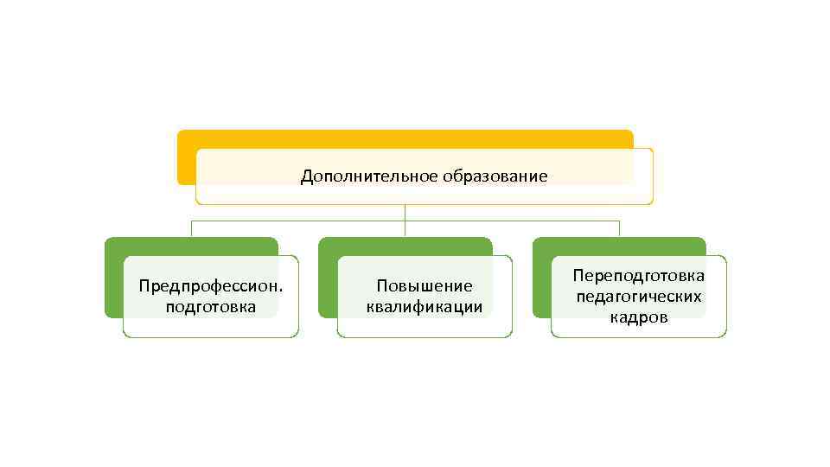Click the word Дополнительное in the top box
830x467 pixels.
click(x=370, y=177)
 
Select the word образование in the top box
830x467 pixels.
click(x=495, y=177)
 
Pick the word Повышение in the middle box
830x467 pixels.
click(x=424, y=286)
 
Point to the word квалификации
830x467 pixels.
click(x=424, y=307)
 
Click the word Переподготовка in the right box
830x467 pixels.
click(x=639, y=276)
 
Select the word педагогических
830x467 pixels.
click(x=639, y=297)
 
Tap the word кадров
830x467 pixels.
click(x=639, y=317)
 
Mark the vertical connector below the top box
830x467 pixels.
click(x=405, y=212)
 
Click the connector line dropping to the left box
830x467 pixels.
click(x=191, y=228)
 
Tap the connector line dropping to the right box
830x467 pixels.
click(x=619, y=228)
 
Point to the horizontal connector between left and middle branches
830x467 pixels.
click(x=298, y=221)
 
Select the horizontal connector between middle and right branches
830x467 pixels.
click(x=512, y=221)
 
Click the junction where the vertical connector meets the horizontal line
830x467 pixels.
click(x=405, y=221)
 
